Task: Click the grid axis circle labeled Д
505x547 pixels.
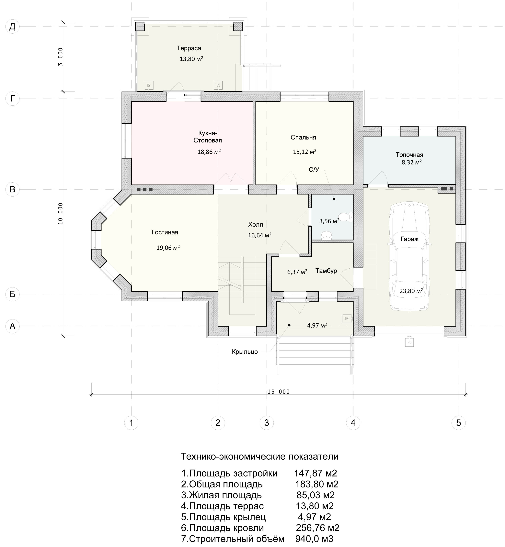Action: point(13,27)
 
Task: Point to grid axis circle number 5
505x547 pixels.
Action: point(459,423)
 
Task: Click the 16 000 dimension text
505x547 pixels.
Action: point(279,392)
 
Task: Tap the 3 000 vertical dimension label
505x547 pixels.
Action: point(60,57)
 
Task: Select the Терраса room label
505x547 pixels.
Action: point(189,48)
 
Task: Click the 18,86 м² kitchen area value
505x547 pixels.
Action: point(209,152)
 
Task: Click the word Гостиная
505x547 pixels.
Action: point(165,232)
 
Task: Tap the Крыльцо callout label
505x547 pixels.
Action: point(245,352)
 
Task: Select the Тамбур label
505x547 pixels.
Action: point(326,271)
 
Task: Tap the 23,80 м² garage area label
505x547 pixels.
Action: point(411,291)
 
